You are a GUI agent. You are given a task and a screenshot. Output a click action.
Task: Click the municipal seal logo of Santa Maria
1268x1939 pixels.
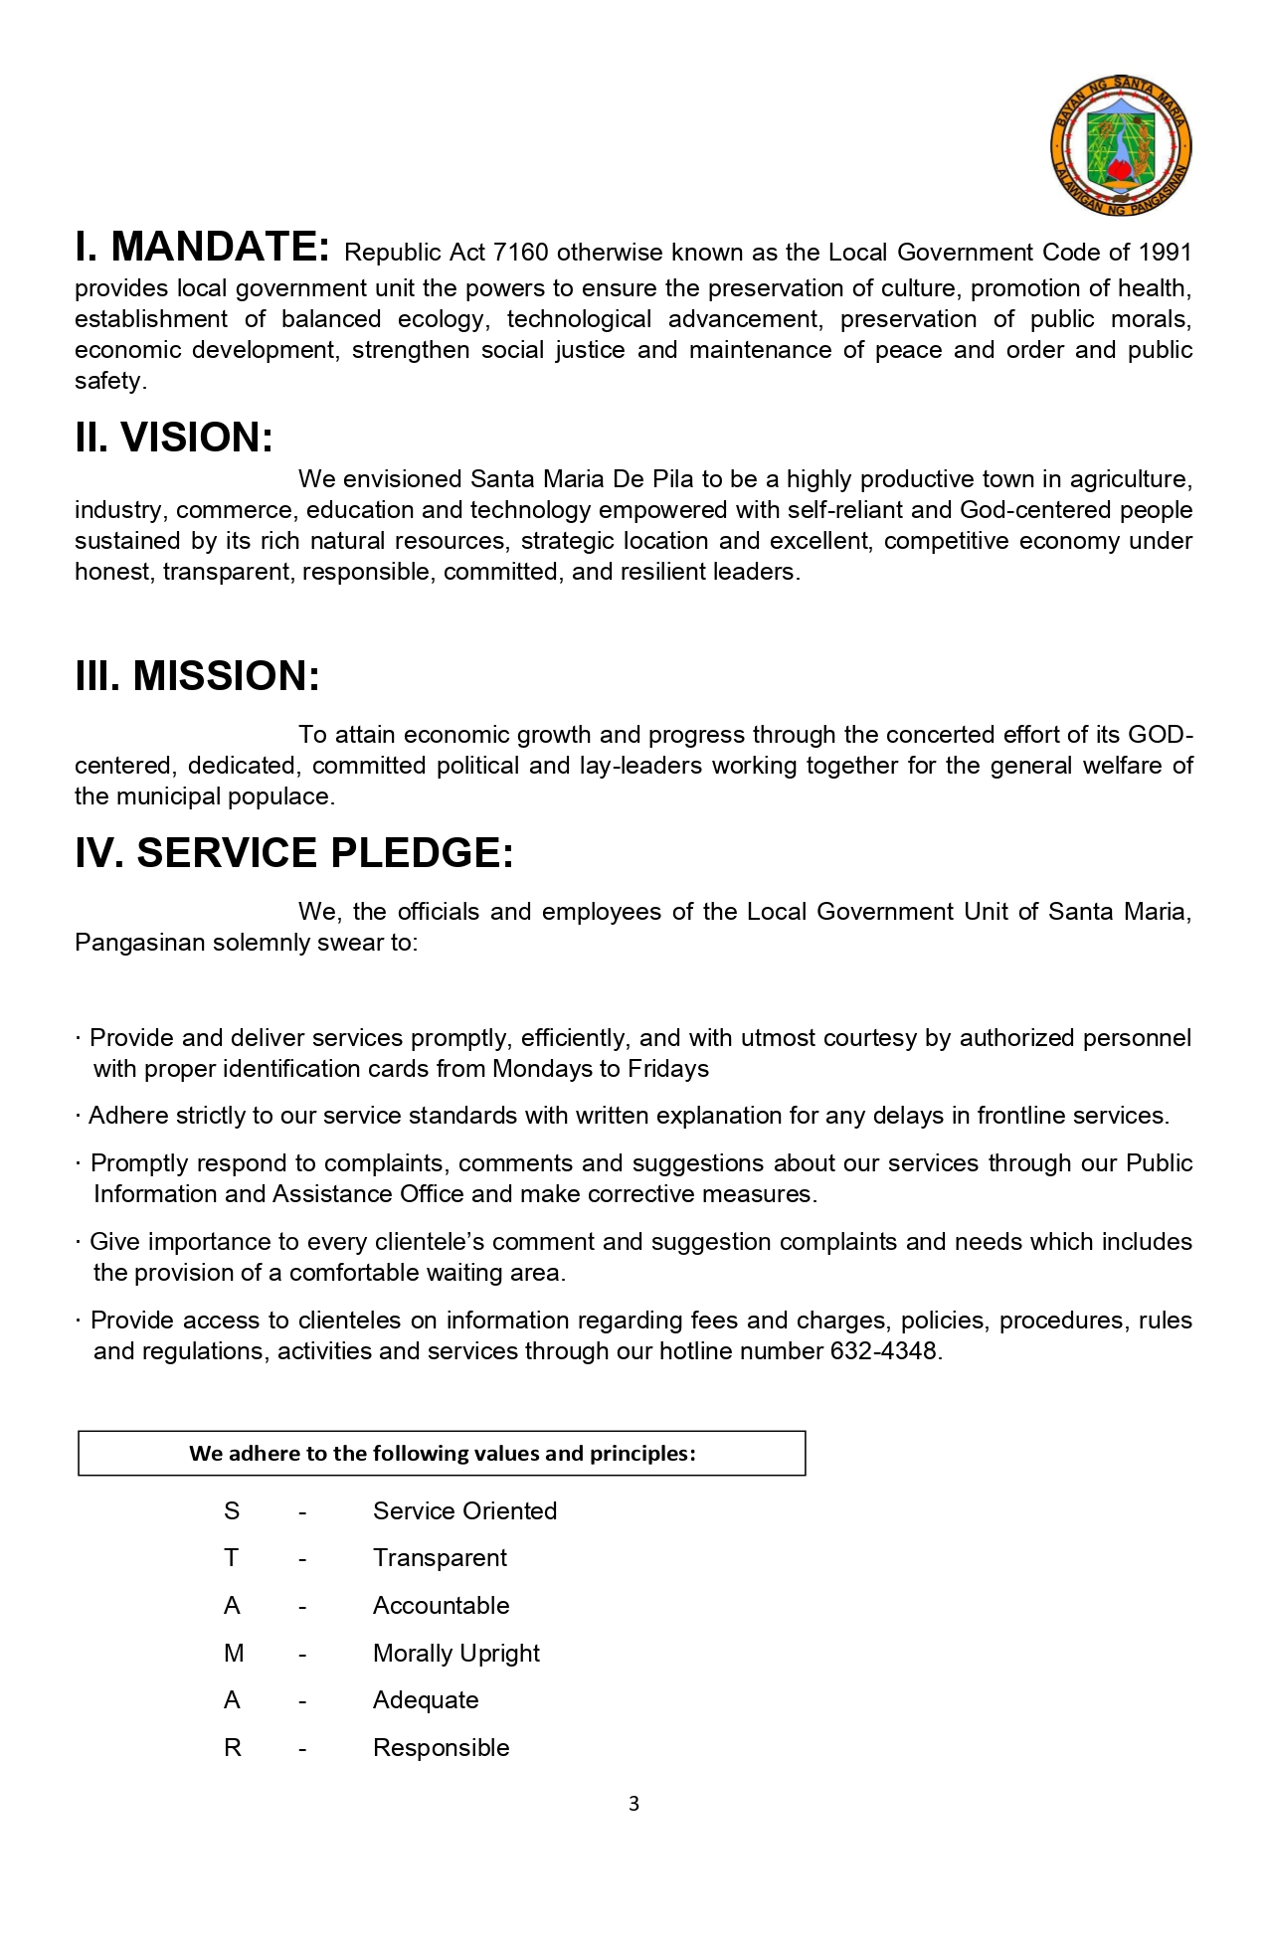pyautogui.click(x=1121, y=146)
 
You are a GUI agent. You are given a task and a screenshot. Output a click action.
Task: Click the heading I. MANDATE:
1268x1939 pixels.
pyautogui.click(x=202, y=247)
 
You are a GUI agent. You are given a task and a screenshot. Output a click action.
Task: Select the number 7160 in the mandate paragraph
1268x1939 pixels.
pyautogui.click(x=521, y=253)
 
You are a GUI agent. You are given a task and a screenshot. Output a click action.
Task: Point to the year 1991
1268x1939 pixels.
pyautogui.click(x=1165, y=253)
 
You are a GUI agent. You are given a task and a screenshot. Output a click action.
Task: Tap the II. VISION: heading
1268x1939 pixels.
pyautogui.click(x=174, y=438)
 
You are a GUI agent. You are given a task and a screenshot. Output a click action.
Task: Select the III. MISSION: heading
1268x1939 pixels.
pyautogui.click(x=198, y=676)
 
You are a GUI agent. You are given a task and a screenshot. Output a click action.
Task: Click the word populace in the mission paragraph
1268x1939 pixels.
pyautogui.click(x=281, y=796)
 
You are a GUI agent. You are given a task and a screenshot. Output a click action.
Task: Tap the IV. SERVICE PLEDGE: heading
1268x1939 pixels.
pyautogui.click(x=294, y=853)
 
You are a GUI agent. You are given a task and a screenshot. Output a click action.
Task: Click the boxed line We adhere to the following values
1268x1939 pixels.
pyautogui.click(x=442, y=1454)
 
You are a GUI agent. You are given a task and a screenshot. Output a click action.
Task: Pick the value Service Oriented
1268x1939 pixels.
pyautogui.click(x=464, y=1511)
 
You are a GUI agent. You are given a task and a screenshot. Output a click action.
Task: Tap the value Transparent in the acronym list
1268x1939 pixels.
pyautogui.click(x=440, y=1558)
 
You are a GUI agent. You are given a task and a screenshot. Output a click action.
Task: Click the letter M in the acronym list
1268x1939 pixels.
pyautogui.click(x=234, y=1654)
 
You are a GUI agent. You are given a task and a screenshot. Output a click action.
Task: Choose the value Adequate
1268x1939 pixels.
pyautogui.click(x=426, y=1700)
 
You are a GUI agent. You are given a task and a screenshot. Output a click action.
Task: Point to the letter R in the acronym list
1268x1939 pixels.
pyautogui.click(x=233, y=1748)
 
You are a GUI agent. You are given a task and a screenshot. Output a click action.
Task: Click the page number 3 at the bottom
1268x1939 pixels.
pyautogui.click(x=634, y=1804)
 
